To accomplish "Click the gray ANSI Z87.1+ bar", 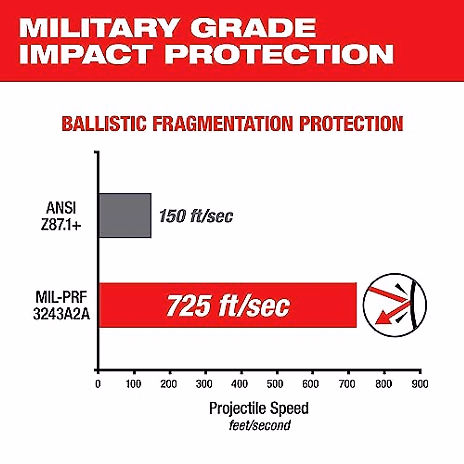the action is click(125, 215).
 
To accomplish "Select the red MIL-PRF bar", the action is click(228, 305).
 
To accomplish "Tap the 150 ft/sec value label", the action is click(196, 216).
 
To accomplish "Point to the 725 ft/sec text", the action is click(228, 305).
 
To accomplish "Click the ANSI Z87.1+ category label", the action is click(61, 216).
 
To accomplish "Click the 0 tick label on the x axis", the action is click(98, 384).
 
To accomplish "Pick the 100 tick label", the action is click(134, 384).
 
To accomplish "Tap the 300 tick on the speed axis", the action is click(204, 384).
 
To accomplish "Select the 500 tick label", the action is click(275, 384).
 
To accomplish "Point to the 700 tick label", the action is click(347, 384).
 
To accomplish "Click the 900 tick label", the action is click(420, 384).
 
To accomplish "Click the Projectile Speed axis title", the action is click(259, 408).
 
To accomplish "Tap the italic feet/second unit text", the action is click(259, 425).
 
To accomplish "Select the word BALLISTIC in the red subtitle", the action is click(104, 124).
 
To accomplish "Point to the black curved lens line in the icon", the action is click(412, 305).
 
